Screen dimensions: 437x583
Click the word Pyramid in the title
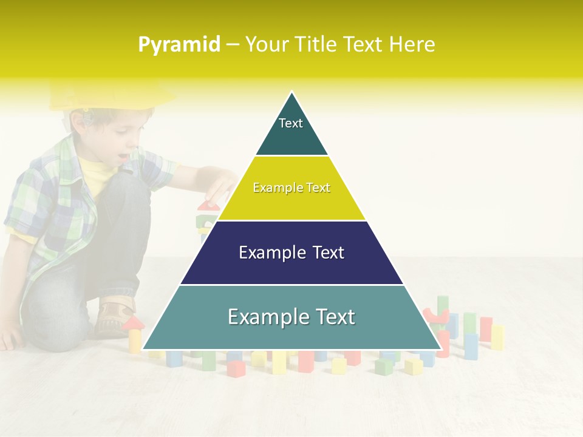point(179,45)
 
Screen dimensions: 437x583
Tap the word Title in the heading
point(317,45)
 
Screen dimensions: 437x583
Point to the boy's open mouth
point(123,157)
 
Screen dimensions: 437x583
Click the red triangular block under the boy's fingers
point(208,205)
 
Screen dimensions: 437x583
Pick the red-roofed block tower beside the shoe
point(134,334)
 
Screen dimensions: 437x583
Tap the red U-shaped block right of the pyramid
point(435,316)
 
